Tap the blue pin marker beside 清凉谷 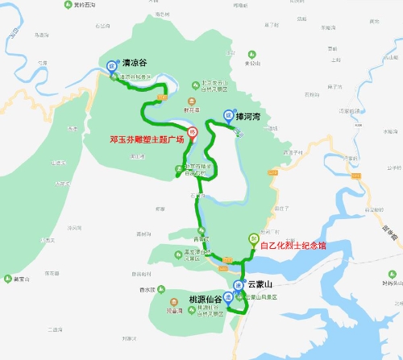(111, 64)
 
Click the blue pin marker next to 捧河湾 (228, 117)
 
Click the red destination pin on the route (192, 132)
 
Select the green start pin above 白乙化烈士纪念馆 (253, 238)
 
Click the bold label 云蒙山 (261, 284)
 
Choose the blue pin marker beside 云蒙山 (238, 285)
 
